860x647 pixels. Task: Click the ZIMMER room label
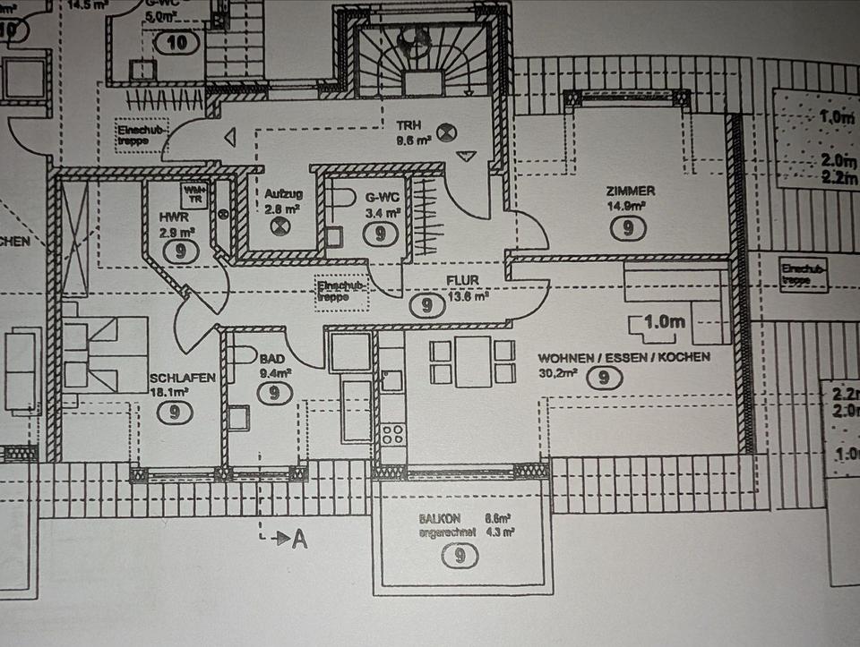tap(630, 191)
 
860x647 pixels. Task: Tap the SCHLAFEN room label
tap(183, 378)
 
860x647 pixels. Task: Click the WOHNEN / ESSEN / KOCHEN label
tap(623, 356)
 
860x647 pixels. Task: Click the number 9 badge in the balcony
tap(460, 557)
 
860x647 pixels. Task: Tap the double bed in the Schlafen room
tap(105, 354)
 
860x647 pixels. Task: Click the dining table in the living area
tap(472, 362)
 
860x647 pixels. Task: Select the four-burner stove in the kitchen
tap(392, 435)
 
